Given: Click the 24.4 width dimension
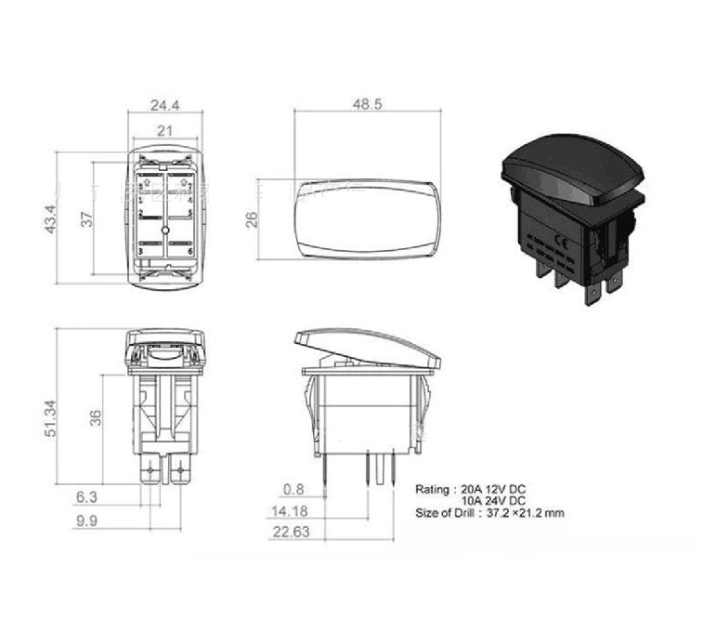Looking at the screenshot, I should click(x=165, y=106).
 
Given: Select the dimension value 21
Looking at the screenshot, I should click(x=164, y=132).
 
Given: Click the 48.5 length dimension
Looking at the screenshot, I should click(x=367, y=105).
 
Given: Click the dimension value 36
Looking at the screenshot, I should click(x=94, y=417).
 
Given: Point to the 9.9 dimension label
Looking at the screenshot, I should click(x=85, y=521).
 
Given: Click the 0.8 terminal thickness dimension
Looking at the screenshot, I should click(x=293, y=487).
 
